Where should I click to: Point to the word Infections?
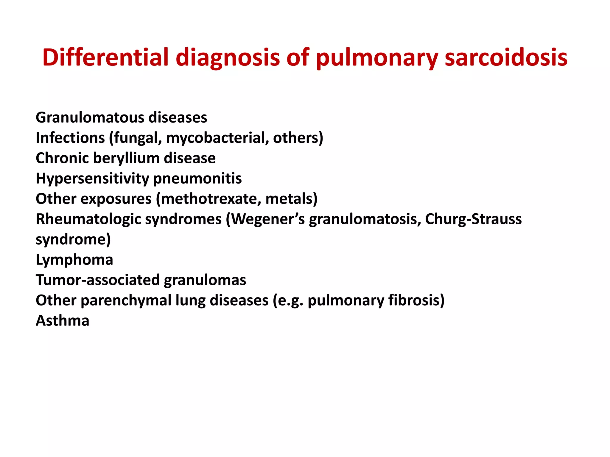[x=70, y=138]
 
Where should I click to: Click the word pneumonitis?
[x=197, y=179]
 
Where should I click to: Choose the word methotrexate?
[x=208, y=199]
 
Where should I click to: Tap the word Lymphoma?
[x=74, y=260]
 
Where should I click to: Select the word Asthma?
[x=63, y=321]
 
